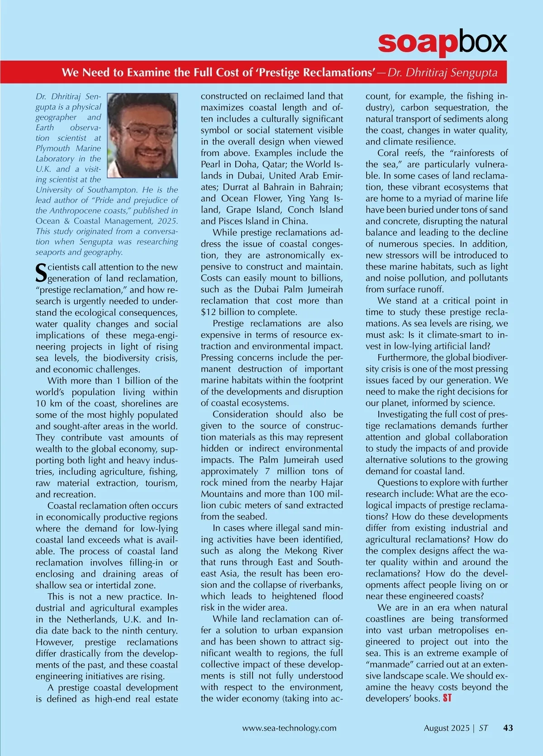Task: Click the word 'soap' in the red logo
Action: pyautogui.click(x=416, y=43)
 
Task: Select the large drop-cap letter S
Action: pyautogui.click(x=41, y=272)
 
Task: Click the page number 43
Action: pyautogui.click(x=508, y=728)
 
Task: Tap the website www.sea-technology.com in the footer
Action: pyautogui.click(x=289, y=728)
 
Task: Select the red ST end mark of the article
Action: pyautogui.click(x=447, y=698)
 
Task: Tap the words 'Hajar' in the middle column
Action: pyautogui.click(x=332, y=482)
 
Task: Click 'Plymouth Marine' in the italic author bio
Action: pyautogui.click(x=68, y=148)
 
